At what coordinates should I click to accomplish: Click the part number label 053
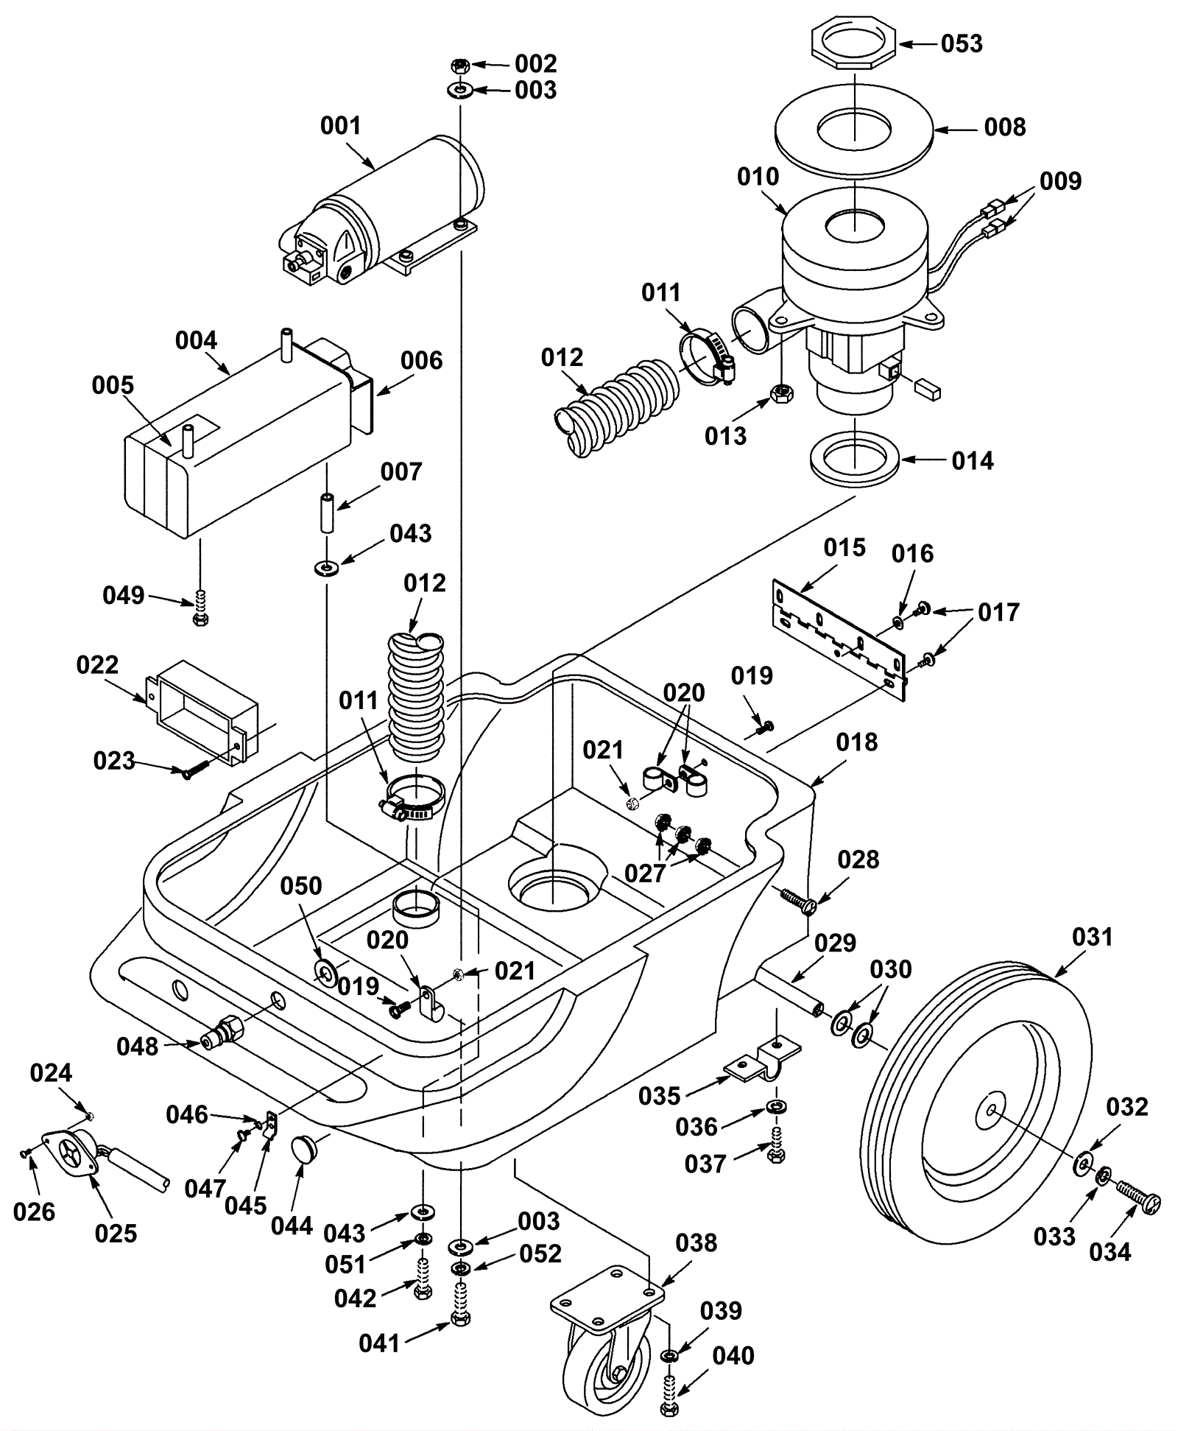(x=962, y=43)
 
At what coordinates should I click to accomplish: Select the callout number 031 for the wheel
(x=1093, y=937)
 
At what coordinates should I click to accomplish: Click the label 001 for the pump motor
(x=340, y=126)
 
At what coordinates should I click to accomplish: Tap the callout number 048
(x=137, y=1046)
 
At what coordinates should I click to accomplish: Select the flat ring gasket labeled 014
(x=855, y=460)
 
